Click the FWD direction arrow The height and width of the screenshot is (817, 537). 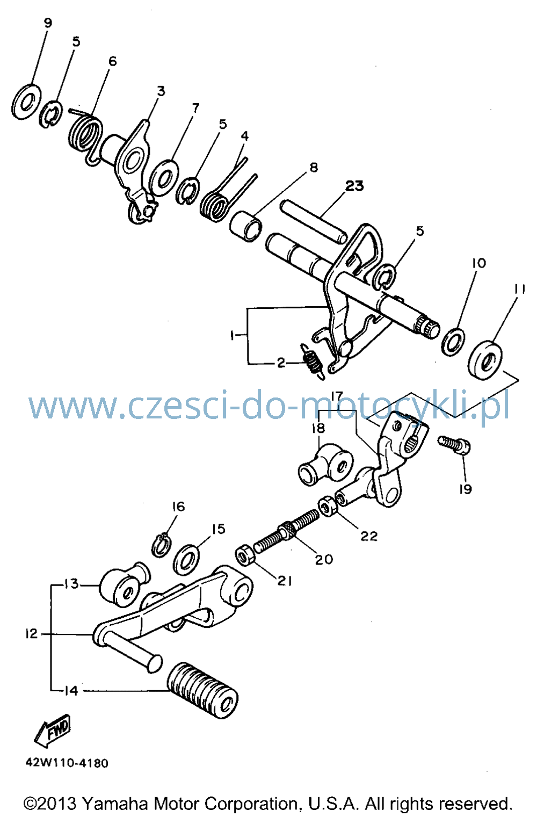[52, 731]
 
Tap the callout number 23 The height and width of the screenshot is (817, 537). [354, 186]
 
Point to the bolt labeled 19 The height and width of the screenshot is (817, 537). [454, 445]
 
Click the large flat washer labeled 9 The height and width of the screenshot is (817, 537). [26, 102]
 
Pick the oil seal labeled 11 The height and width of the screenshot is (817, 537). [485, 360]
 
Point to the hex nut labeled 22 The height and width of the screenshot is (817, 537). [328, 506]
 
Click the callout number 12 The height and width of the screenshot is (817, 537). [31, 634]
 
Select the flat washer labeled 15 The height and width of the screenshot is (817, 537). [186, 559]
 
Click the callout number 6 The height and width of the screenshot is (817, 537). [113, 61]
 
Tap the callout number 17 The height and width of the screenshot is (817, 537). [337, 396]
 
